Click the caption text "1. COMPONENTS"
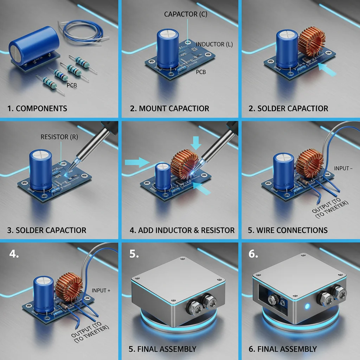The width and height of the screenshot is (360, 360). click(x=37, y=108)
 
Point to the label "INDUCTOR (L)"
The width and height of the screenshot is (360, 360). click(x=214, y=45)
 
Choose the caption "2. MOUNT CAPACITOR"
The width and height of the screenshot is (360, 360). click(x=169, y=108)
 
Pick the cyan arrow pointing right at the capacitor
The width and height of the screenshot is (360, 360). click(x=137, y=162)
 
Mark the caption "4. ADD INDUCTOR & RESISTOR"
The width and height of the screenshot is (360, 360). click(x=182, y=231)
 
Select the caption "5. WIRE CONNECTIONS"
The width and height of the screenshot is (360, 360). click(x=288, y=231)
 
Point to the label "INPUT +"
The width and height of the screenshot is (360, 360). click(x=101, y=291)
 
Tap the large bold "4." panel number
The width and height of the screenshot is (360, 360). click(x=14, y=254)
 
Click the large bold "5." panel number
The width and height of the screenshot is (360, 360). click(x=134, y=254)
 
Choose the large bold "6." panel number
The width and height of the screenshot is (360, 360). click(x=254, y=254)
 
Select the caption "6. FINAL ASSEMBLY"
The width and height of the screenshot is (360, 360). click(x=283, y=349)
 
